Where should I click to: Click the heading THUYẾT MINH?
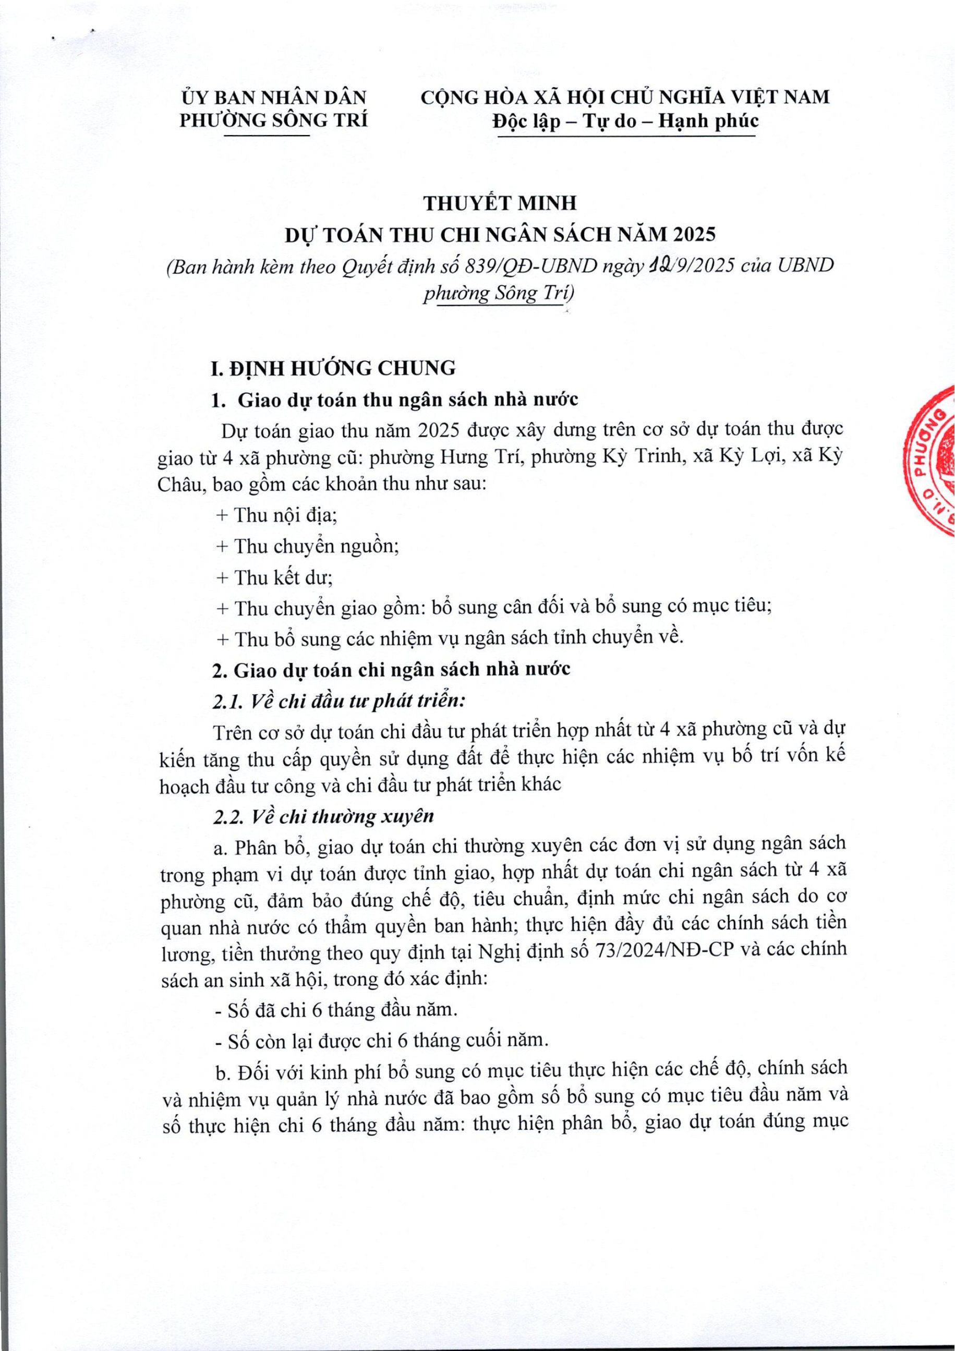pos(500,203)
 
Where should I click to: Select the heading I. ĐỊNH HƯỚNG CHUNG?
pos(333,368)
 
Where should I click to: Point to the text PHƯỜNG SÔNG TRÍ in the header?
pos(273,120)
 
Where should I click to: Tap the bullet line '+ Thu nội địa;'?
pos(276,515)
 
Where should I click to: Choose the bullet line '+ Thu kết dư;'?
pos(274,577)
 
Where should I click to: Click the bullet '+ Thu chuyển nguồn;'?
pos(308,546)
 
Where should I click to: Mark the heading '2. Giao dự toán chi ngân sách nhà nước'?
pos(391,670)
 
